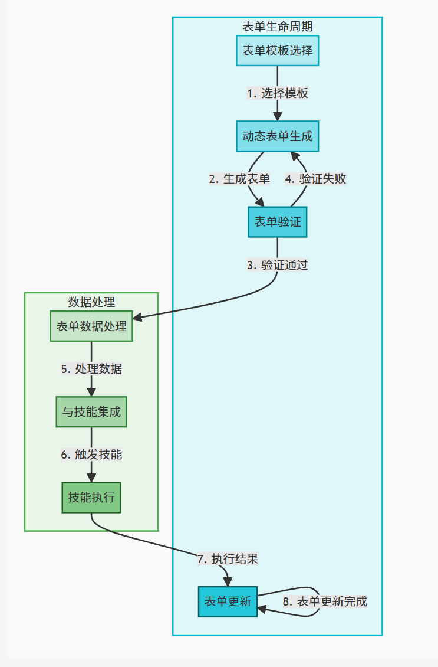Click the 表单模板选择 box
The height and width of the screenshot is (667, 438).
[x=278, y=51]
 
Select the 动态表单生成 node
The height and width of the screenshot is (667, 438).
[x=278, y=136]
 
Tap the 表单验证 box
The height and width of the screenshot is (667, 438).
[x=278, y=222]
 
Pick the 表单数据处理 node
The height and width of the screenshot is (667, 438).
[x=91, y=326]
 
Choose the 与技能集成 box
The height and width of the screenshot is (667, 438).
[x=91, y=412]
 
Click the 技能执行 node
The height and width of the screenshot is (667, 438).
[x=91, y=498]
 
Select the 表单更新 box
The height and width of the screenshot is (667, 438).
[x=228, y=601]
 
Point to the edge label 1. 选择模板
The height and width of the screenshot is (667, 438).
[x=278, y=93]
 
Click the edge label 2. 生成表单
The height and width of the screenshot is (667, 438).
[x=239, y=179]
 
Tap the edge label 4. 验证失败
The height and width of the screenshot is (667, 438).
[x=315, y=179]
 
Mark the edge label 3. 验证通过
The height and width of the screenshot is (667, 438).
[x=278, y=265]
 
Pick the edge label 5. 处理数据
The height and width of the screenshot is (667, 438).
[x=91, y=369]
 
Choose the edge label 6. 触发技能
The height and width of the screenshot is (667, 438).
[x=91, y=455]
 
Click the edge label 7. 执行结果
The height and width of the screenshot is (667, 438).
[x=228, y=558]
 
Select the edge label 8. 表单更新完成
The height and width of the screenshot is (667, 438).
[x=325, y=601]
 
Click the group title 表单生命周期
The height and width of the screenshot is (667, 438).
[x=278, y=27]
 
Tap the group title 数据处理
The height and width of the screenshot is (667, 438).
[x=91, y=302]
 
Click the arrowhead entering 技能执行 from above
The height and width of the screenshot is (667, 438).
[x=91, y=478]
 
